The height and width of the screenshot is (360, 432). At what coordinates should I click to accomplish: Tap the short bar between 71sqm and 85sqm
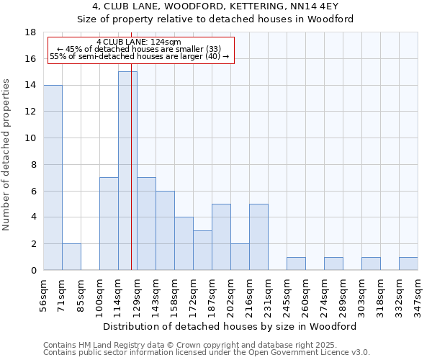click(x=71, y=257)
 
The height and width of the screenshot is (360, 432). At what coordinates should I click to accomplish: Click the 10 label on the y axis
click(x=31, y=138)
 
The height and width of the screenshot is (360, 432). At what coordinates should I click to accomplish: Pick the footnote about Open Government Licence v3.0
click(x=207, y=352)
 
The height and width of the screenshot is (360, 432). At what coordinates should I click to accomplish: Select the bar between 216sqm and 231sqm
click(x=258, y=237)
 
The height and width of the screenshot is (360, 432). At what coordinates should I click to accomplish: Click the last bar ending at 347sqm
click(x=408, y=264)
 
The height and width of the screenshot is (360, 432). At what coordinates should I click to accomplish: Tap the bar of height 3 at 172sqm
click(x=202, y=251)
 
